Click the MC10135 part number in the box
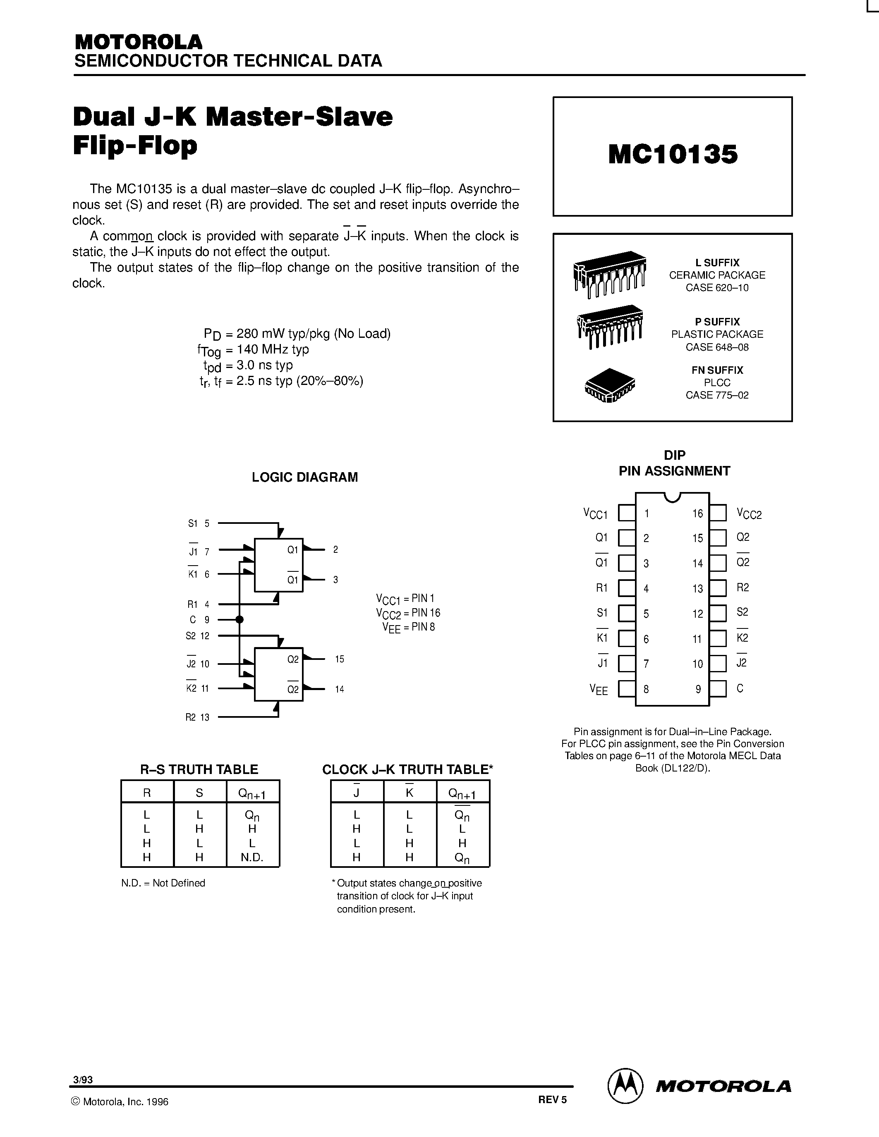coord(673,155)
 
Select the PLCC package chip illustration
coord(610,386)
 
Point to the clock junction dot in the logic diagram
coord(240,619)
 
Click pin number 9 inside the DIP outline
coord(698,689)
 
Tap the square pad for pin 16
coord(718,513)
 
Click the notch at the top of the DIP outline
coord(672,497)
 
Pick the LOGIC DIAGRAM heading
coord(304,478)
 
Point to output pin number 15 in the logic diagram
coord(340,659)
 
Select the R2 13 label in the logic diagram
coord(197,717)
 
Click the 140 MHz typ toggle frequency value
coord(272,349)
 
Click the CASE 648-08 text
coord(717,347)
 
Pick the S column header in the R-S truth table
coord(199,793)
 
